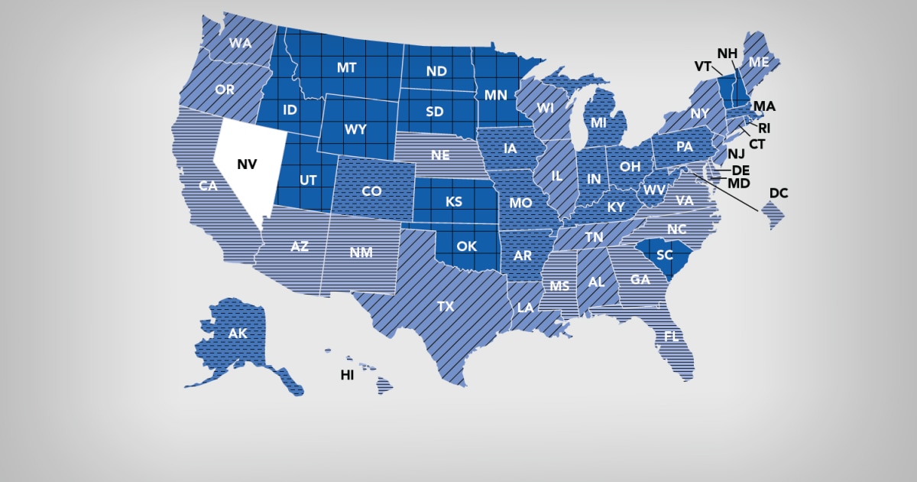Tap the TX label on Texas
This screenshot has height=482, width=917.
(446, 307)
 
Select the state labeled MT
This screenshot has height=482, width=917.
(347, 68)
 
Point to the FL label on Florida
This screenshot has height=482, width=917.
(672, 337)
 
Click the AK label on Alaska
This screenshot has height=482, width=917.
(238, 334)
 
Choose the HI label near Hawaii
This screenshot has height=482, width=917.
(347, 376)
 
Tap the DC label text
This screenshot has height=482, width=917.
(778, 194)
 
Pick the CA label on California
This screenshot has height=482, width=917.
(206, 186)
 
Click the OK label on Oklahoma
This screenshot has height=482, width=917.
(466, 246)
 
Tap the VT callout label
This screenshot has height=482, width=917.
(703, 67)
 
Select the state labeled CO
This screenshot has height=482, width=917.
(371, 191)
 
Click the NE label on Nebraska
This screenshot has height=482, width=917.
(439, 155)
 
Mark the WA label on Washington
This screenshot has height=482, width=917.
(240, 44)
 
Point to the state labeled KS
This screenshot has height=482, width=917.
(453, 202)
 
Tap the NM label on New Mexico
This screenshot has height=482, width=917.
(361, 253)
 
